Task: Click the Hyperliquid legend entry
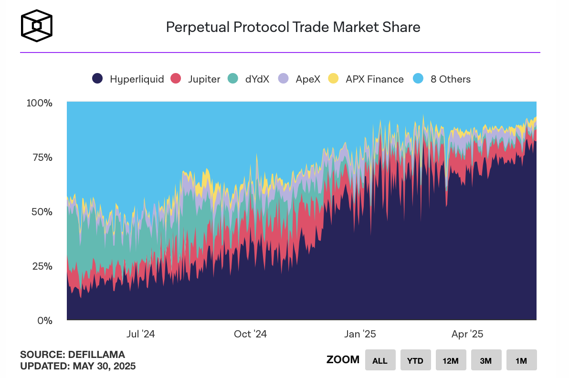128,79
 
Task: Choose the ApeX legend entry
299,79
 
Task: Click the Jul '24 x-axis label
140,334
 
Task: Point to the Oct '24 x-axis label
250,334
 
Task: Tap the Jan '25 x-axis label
360,334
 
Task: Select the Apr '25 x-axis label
467,334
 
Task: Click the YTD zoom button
415,360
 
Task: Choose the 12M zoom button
451,360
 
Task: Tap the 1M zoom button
521,360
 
